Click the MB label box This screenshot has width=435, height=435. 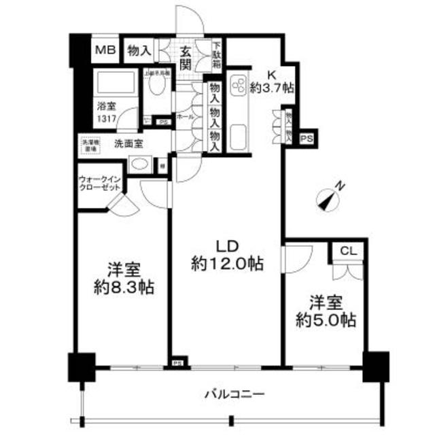tap(105, 50)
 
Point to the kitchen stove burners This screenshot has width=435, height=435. tap(241, 86)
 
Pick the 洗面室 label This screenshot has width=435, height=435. tap(127, 144)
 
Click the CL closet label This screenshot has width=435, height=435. tap(348, 251)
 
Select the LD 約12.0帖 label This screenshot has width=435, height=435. tap(227, 255)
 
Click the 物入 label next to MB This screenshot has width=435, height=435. tap(139, 50)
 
